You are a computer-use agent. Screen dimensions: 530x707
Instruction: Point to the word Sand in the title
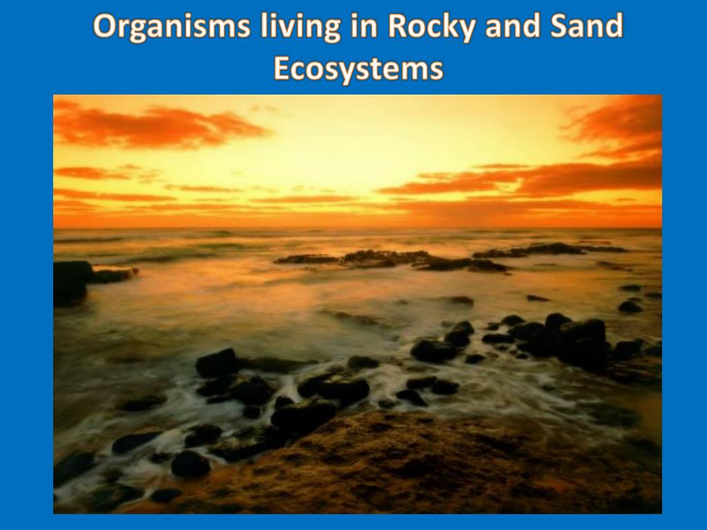587,28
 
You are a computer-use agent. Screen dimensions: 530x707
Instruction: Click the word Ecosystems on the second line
358,69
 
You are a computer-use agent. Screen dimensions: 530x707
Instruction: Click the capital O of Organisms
105,28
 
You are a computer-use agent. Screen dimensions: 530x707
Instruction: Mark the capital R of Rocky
398,28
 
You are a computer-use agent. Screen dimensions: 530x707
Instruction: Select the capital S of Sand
560,28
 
